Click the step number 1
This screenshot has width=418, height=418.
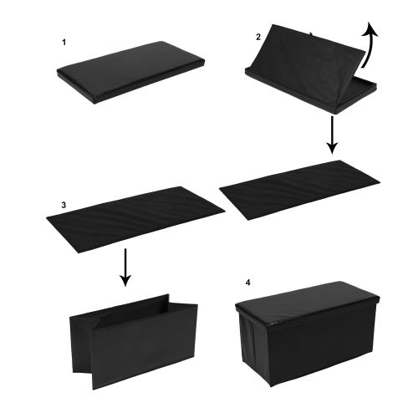tap(64, 43)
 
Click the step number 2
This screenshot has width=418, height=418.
tap(258, 37)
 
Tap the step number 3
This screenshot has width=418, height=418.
tap(64, 205)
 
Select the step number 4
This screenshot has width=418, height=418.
tap(247, 283)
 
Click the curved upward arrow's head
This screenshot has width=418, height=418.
tap(370, 28)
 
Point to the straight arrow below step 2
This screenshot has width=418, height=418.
tap(332, 135)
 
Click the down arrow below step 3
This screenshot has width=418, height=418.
tap(125, 268)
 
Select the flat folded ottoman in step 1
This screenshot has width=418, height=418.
tap(131, 72)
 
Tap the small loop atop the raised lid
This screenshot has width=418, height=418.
tap(311, 34)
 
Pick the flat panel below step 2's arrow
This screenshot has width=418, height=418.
tap(300, 190)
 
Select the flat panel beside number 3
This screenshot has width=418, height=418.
tap(135, 220)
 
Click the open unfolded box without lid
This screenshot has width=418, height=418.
tap(134, 342)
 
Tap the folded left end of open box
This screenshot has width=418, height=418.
tap(81, 345)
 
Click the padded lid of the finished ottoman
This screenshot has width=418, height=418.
tap(308, 304)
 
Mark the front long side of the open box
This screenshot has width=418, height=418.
tap(144, 349)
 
